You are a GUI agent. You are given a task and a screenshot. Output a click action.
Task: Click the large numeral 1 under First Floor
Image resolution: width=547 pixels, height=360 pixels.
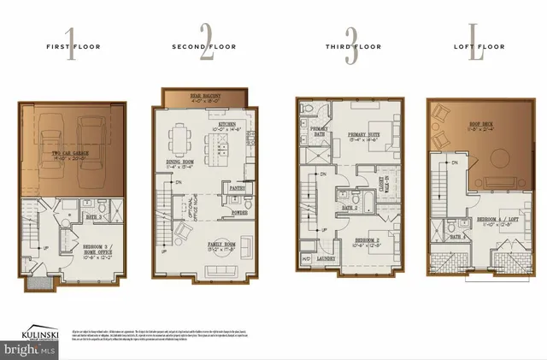coord(70,49)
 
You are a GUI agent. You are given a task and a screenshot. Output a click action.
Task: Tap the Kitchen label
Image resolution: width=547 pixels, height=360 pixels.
coord(227,127)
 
